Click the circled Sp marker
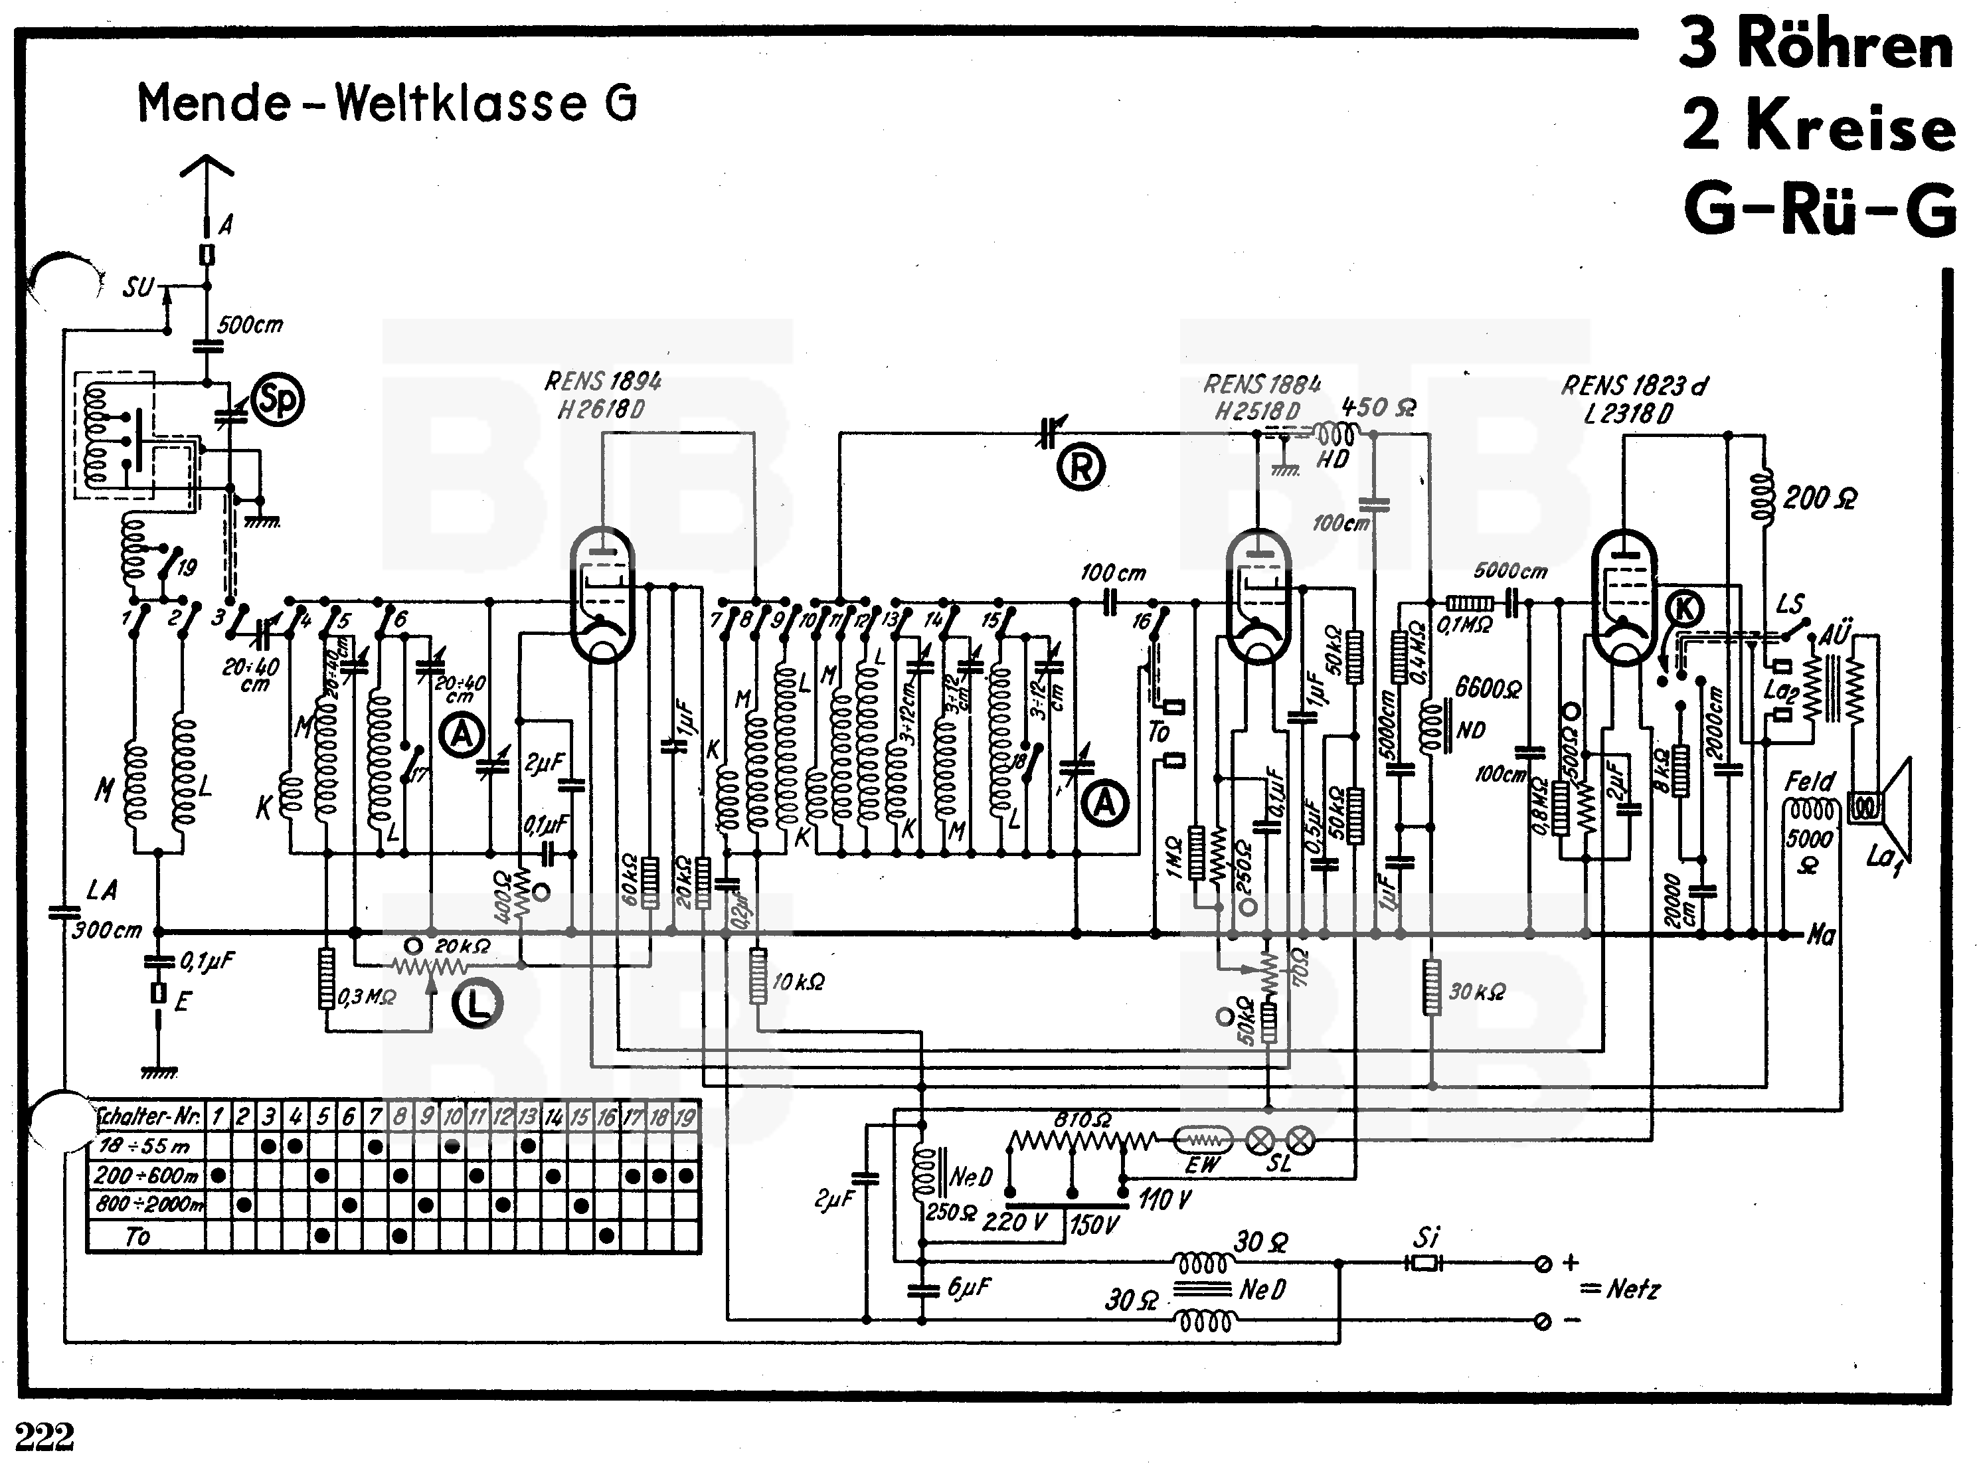point(278,401)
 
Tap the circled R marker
point(1080,467)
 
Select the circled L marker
point(477,1005)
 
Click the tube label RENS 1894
point(603,381)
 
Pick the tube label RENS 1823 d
point(1634,386)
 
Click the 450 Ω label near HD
point(1378,408)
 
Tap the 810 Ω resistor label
point(1082,1120)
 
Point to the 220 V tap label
point(1014,1222)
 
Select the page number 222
point(44,1436)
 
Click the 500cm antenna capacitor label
point(250,325)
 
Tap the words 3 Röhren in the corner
point(1816,44)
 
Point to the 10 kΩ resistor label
point(798,982)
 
